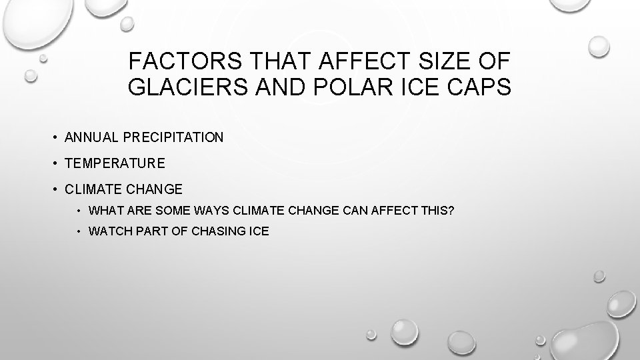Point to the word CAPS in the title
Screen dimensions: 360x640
[479, 87]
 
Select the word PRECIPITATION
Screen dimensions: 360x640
[171, 137]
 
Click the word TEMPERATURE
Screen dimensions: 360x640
[113, 163]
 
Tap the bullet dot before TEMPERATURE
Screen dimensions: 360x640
[55, 163]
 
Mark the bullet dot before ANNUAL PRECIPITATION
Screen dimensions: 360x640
[55, 137]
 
